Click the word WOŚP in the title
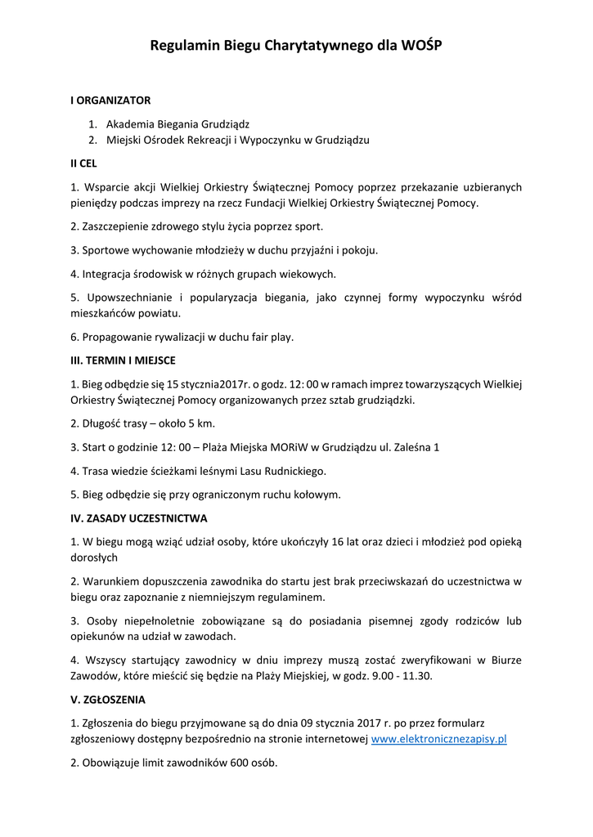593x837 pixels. click(x=421, y=47)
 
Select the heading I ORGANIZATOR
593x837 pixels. click(x=110, y=101)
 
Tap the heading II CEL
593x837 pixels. click(x=83, y=163)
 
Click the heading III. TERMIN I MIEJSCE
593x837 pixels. click(x=123, y=360)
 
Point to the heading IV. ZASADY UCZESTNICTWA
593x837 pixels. click(x=139, y=518)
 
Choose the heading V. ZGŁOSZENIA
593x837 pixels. click(x=108, y=700)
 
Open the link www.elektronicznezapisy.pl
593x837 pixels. click(x=439, y=739)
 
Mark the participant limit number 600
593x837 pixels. click(x=219, y=763)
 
